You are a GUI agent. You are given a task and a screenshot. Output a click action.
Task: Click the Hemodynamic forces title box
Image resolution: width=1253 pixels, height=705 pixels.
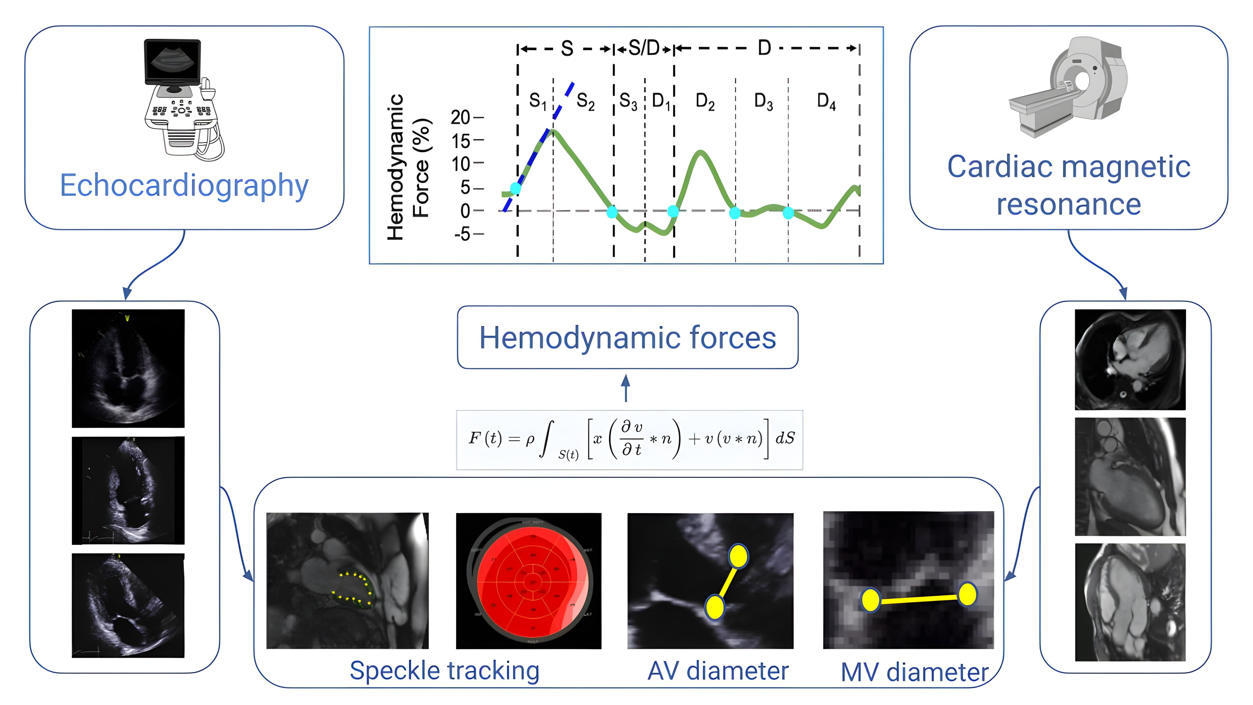click(627, 337)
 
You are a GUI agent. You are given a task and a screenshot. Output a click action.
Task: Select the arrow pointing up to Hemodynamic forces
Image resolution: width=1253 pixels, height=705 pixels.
click(626, 388)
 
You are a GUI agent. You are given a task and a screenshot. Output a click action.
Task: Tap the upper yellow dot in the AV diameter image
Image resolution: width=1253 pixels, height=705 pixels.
click(738, 556)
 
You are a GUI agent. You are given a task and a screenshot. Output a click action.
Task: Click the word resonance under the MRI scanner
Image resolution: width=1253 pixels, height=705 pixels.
click(1069, 204)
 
